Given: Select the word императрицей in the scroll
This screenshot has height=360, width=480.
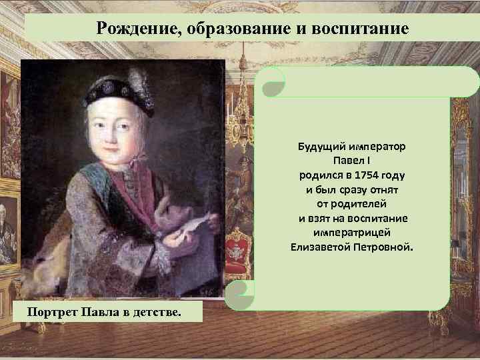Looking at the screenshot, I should [x=353, y=233].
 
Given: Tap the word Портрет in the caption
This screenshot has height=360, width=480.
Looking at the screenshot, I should [x=51, y=313].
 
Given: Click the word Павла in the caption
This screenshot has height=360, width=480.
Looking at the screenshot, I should [x=100, y=313].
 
